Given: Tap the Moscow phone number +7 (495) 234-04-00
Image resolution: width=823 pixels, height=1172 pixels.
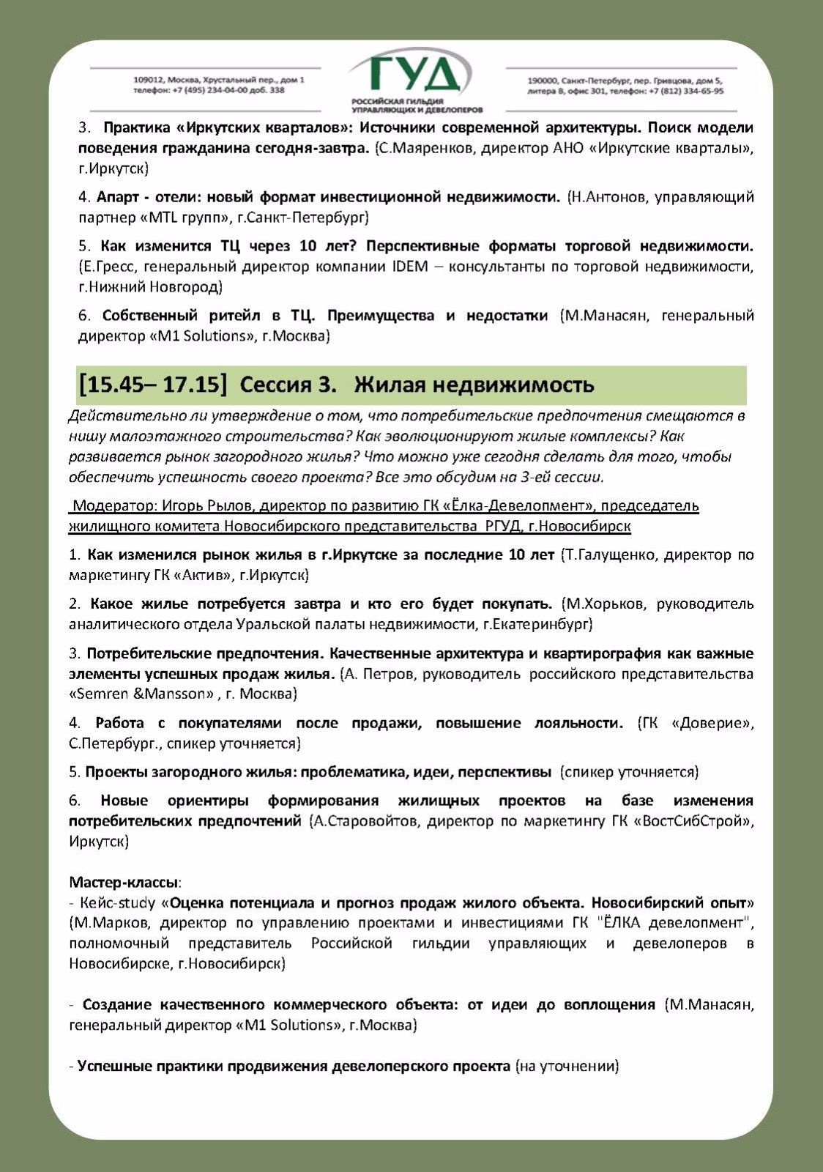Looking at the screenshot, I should coord(220,90).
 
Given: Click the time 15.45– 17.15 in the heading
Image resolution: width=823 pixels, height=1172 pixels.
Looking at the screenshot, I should coord(153,385).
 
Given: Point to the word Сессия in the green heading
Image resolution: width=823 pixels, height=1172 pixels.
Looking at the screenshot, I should coord(280,385).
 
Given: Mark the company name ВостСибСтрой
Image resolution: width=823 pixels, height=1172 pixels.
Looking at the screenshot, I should coord(696,821).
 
